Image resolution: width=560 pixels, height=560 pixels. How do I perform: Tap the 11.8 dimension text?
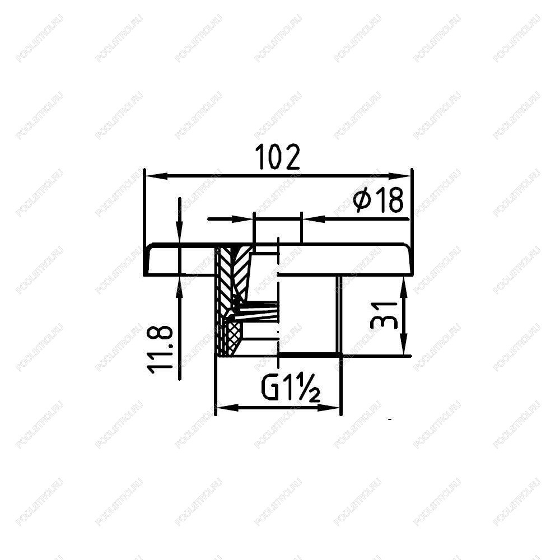click(x=160, y=349)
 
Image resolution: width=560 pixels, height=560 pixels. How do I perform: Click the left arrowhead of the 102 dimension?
click(x=156, y=176)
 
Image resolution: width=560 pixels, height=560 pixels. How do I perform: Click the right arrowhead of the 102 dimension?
click(x=399, y=176)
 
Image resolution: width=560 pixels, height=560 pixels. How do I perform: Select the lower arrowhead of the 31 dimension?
click(x=403, y=344)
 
